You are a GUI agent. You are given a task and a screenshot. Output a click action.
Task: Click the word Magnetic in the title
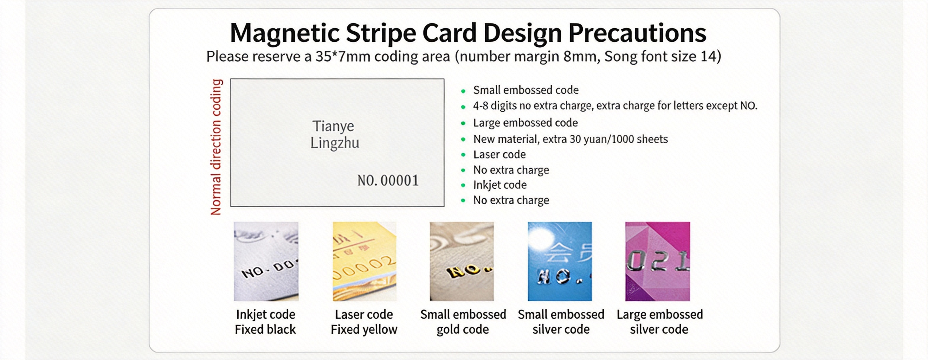pos(285,33)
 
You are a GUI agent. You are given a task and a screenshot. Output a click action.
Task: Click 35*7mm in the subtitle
pos(343,57)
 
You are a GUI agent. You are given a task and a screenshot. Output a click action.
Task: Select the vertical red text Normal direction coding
pos(216,147)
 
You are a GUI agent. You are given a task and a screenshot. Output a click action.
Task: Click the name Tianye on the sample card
pos(333,126)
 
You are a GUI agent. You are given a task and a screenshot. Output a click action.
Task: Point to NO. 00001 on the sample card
pos(388,180)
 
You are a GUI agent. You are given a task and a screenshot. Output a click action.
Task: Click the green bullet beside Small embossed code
pos(463,91)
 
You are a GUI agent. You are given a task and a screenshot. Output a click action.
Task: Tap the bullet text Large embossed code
pos(525,123)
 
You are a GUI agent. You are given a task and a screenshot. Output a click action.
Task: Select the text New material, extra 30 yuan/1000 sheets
pos(570,139)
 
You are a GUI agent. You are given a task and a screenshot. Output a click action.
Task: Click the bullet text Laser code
pos(499,155)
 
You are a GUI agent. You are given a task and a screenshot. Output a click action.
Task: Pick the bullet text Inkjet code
pos(500,185)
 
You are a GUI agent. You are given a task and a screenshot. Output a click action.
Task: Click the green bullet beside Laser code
pos(463,155)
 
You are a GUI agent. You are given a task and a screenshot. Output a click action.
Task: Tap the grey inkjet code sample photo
pos(266,261)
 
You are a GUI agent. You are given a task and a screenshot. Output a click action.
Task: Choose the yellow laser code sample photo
pos(364,261)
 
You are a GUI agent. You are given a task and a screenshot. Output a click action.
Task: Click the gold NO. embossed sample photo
pos(461,261)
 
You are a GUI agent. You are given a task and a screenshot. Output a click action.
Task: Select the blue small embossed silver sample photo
pos(560,261)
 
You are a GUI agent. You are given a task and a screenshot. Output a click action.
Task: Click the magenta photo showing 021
pos(658,261)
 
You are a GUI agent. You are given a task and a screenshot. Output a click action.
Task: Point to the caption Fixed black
pos(265,330)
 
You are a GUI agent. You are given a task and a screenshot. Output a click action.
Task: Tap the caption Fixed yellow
pos(364,330)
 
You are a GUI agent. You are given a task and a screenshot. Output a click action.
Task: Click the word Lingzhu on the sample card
pos(335,143)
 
